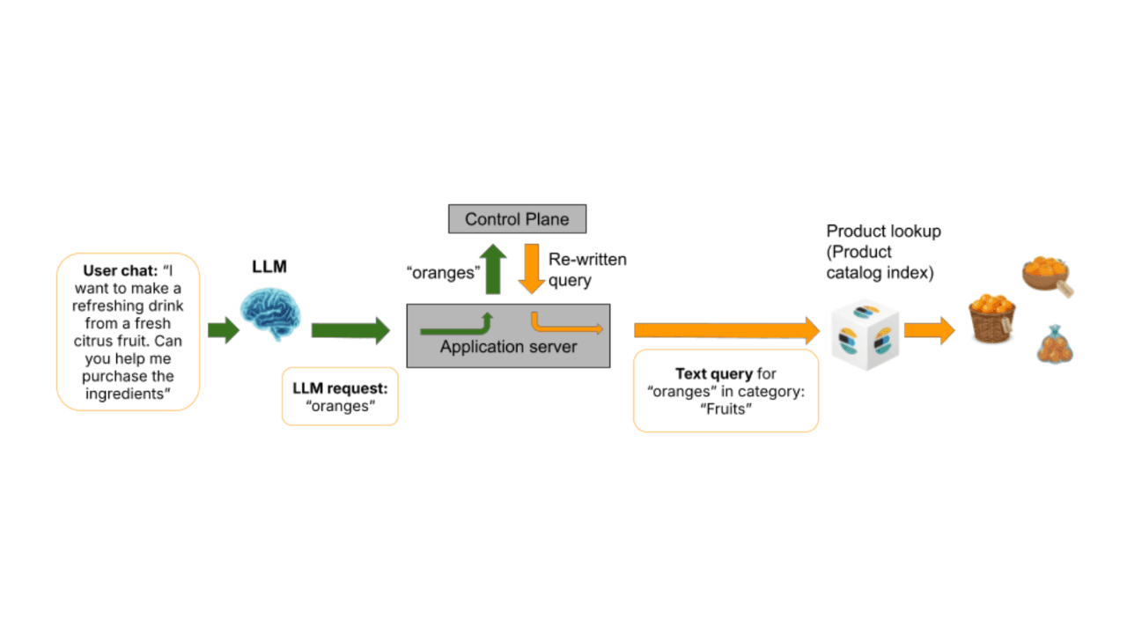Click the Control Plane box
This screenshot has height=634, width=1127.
517,219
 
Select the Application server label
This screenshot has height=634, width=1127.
508,347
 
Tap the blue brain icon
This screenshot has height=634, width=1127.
270,313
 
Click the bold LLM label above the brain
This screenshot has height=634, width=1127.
269,266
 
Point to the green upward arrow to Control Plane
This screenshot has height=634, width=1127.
493,269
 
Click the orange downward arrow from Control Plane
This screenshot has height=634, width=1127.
532,269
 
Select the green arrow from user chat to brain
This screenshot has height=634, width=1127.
224,330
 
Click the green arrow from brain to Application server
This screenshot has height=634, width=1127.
350,330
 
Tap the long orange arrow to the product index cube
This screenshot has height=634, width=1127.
727,330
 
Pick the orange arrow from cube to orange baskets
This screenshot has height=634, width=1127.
929,330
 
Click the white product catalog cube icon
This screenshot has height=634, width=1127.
865,335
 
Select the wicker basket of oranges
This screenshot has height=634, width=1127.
991,319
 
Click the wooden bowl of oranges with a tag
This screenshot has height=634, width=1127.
1047,276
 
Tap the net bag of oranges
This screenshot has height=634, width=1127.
1055,344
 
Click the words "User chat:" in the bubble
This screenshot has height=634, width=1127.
121,270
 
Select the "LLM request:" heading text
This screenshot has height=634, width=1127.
340,388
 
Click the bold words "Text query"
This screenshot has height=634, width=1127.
714,374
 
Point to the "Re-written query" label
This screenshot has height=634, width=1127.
587,269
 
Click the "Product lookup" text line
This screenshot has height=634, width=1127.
883,232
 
